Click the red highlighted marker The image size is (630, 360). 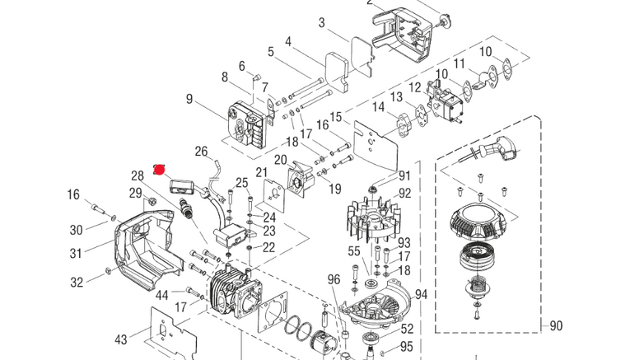coord(161,168)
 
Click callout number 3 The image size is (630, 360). coord(321,22)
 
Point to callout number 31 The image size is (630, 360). coord(76,253)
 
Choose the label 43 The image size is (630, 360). coord(120,339)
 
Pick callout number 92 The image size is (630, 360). coord(404,194)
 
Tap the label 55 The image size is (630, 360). coord(354,251)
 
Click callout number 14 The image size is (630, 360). coord(378,107)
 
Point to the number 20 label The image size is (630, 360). coord(280,159)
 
